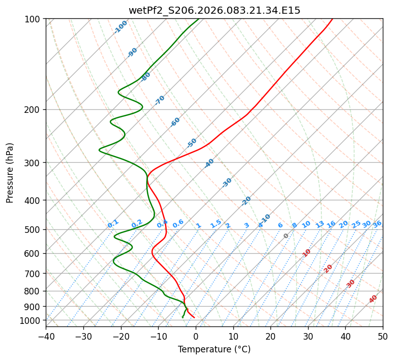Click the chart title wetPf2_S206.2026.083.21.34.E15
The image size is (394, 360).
pyautogui.click(x=214, y=10)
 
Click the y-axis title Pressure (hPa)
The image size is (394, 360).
pyautogui.click(x=10, y=172)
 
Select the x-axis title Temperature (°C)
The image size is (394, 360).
pyautogui.click(x=214, y=349)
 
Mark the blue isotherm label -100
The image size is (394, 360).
pyautogui.click(x=120, y=26)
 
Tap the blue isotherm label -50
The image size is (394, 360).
pyautogui.click(x=192, y=143)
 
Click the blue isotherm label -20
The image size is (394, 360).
pyautogui.click(x=246, y=201)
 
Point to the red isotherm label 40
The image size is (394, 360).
pyautogui.click(x=373, y=299)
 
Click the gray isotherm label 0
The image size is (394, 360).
pyautogui.click(x=286, y=236)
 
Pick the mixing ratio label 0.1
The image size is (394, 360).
pyautogui.click(x=113, y=223)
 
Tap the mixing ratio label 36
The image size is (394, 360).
pyautogui.click(x=377, y=224)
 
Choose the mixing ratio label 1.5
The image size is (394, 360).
pyautogui.click(x=216, y=223)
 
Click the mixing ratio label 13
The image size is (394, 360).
pyautogui.click(x=320, y=224)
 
